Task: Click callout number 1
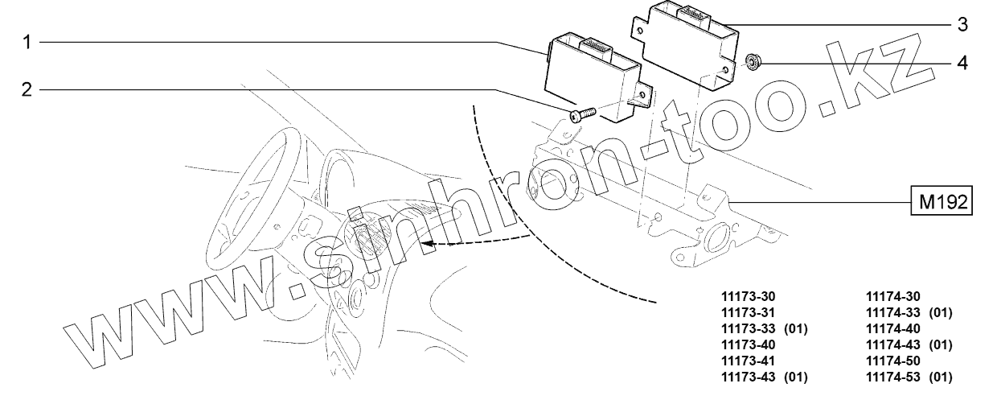click(x=27, y=42)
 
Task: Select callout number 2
click(x=27, y=90)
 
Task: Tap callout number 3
click(x=962, y=24)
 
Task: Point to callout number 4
click(x=962, y=62)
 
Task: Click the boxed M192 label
click(x=941, y=200)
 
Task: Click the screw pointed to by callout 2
click(x=580, y=116)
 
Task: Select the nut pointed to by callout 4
click(x=753, y=62)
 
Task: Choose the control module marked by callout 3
click(x=691, y=47)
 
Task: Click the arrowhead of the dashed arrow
click(x=428, y=241)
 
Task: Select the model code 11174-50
click(x=892, y=361)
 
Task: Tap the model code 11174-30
click(x=892, y=297)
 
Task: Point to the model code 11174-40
click(x=892, y=329)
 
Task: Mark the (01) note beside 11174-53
click(x=940, y=377)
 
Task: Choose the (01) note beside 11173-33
click(x=795, y=329)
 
